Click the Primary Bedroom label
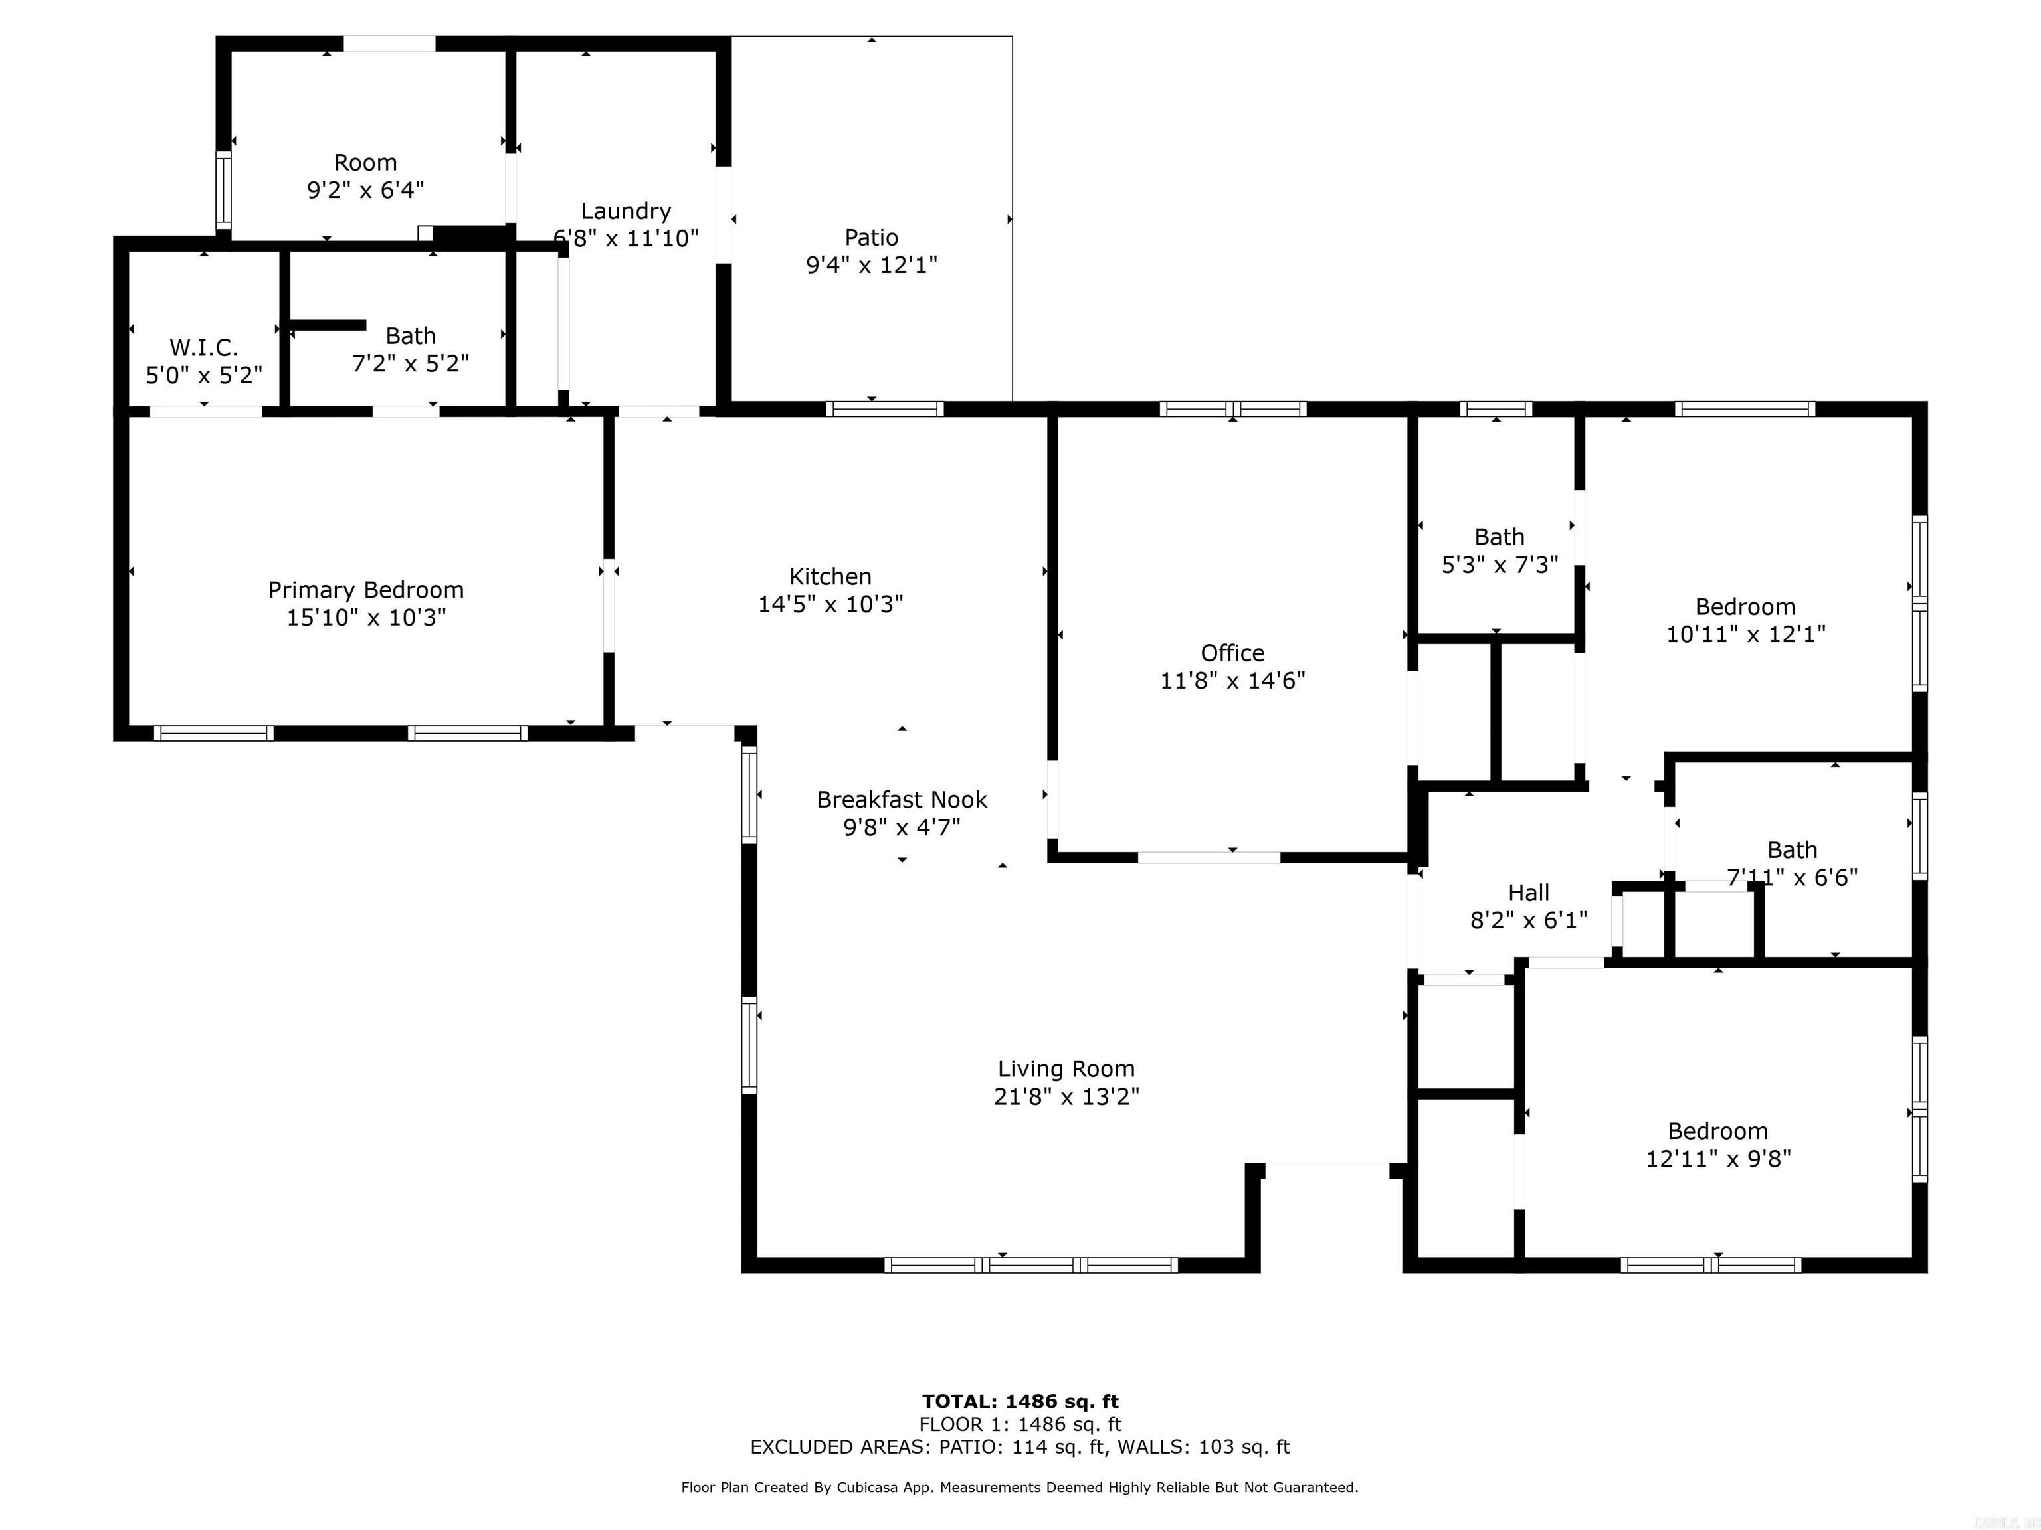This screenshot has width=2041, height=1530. [365, 590]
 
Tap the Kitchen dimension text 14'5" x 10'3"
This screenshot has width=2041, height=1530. [830, 604]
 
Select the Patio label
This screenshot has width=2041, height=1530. [871, 238]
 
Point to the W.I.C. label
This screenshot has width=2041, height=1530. [204, 348]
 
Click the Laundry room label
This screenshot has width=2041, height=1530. [626, 211]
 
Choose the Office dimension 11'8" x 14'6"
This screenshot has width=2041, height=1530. [1232, 681]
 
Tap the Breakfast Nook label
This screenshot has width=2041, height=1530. [902, 800]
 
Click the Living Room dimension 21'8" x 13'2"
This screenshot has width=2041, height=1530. [1066, 1096]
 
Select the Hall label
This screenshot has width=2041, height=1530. [1528, 892]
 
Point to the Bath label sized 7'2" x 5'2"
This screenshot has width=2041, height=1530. [411, 336]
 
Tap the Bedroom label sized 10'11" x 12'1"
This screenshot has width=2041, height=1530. [1745, 607]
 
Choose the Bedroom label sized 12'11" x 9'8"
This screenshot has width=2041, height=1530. [1717, 1131]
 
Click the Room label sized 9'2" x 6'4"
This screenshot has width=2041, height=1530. [365, 162]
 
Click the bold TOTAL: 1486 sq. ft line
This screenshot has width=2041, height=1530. [1020, 1402]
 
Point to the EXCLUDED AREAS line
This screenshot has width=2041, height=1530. [1020, 1447]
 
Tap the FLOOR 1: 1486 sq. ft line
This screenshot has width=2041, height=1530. [1020, 1425]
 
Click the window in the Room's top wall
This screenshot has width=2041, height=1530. [389, 43]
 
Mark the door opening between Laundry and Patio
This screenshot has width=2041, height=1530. [724, 214]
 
